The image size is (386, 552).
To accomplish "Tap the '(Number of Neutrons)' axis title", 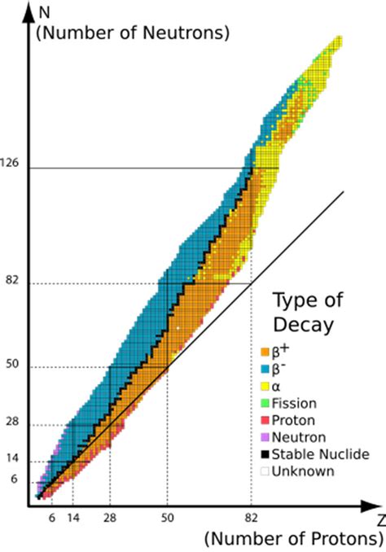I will (130, 33).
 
